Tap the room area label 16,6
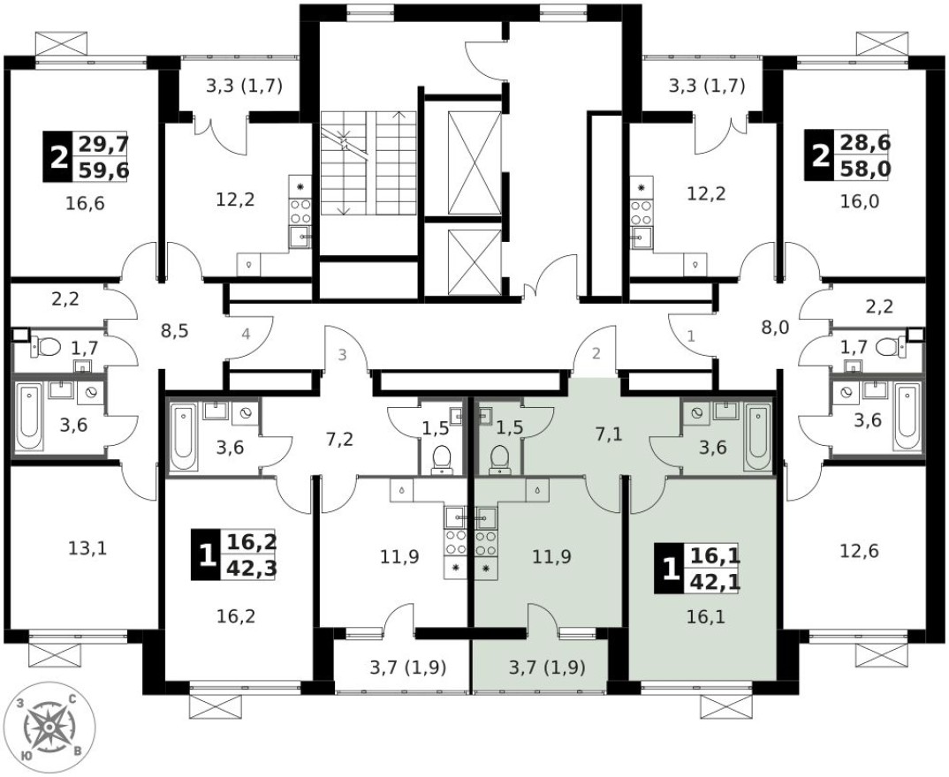(x=85, y=205)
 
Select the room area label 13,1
(x=87, y=547)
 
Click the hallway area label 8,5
(x=174, y=331)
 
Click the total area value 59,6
(x=103, y=170)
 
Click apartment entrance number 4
(x=247, y=335)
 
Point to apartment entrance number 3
(x=342, y=356)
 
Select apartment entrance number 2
(x=596, y=354)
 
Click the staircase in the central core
(x=368, y=163)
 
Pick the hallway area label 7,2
(x=339, y=438)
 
